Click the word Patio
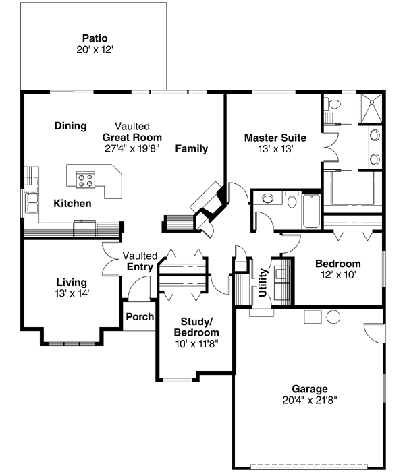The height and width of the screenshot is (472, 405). click(x=95, y=38)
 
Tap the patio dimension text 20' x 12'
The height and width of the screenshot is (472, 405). click(x=95, y=49)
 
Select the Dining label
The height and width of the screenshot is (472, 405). click(x=71, y=125)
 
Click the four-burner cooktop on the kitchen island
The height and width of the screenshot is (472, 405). click(x=86, y=179)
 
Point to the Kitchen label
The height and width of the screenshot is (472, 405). click(x=73, y=203)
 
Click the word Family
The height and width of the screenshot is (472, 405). click(x=192, y=148)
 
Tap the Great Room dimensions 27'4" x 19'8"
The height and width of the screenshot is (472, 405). click(x=132, y=148)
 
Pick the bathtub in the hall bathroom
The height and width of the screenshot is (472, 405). click(x=311, y=211)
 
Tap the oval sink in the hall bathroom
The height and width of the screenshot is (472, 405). click(x=269, y=198)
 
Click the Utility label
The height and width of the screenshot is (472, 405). click(x=263, y=283)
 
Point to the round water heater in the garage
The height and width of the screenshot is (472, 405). click(x=333, y=316)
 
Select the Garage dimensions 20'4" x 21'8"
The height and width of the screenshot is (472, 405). click(x=310, y=400)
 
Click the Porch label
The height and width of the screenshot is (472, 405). click(x=140, y=317)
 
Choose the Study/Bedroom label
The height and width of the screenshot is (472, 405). click(x=196, y=327)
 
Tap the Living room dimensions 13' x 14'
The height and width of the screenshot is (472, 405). click(x=71, y=293)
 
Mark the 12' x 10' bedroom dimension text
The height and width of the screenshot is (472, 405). click(x=338, y=274)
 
